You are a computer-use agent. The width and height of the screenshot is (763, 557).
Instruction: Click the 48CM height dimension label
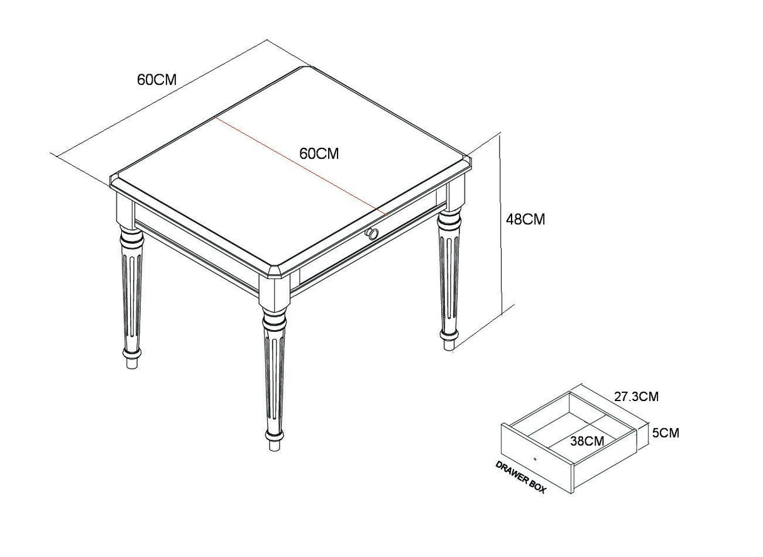click(525, 219)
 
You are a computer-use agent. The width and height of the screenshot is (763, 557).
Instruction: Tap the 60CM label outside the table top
click(156, 79)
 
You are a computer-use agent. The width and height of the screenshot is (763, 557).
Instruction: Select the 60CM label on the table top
click(319, 153)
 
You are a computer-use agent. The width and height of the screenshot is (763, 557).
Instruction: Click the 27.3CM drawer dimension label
click(636, 397)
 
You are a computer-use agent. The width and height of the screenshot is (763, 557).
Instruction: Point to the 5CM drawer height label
click(666, 433)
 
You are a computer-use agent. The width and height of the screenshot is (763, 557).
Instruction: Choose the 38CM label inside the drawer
click(587, 441)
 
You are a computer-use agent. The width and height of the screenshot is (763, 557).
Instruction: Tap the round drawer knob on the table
click(371, 234)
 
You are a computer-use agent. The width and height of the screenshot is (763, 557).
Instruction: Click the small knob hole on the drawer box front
click(535, 459)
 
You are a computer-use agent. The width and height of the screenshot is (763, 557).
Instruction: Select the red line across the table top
click(300, 167)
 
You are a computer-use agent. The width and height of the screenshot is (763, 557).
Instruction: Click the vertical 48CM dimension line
click(500, 225)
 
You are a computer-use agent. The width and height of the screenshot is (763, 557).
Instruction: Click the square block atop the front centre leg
click(274, 292)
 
